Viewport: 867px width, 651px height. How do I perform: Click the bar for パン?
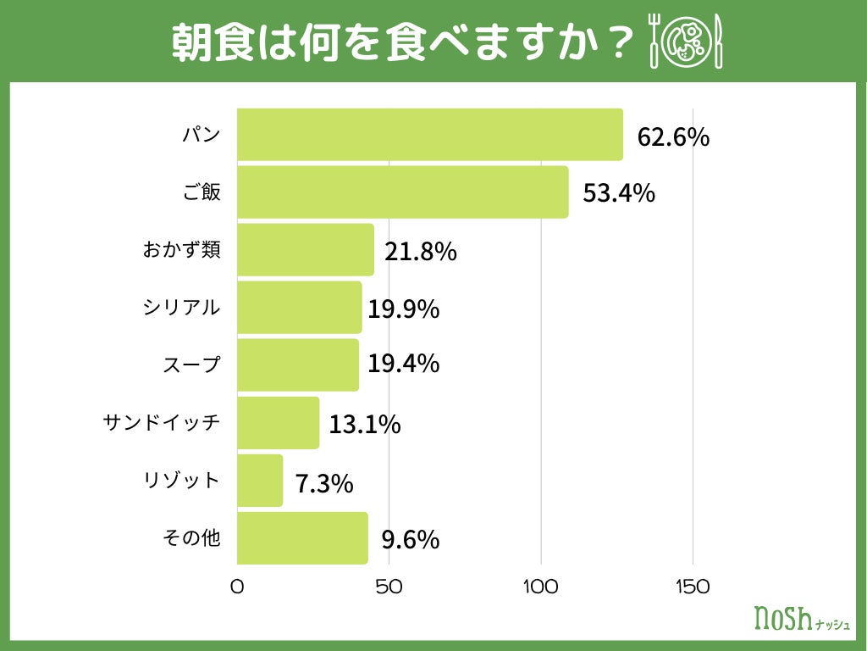pos(429,135)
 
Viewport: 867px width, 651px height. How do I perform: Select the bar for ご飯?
pos(402,192)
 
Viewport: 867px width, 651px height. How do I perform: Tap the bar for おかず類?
pos(305,250)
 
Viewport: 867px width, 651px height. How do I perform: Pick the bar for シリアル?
pos(299,308)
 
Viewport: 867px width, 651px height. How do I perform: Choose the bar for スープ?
pos(297,365)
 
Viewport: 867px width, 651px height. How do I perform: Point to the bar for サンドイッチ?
pos(278,423)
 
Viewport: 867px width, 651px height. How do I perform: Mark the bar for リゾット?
pos(260,481)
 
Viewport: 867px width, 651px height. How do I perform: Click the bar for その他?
pos(302,538)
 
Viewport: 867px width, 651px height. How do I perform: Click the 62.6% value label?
pos(673,137)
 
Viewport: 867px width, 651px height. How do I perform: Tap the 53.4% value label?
pos(619,193)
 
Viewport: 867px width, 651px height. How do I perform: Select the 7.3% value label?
pos(323,484)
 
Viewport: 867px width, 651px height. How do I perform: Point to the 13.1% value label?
pos(364,424)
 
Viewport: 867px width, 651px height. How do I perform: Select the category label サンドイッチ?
pos(162,421)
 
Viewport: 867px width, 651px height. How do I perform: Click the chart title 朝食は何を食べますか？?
pos(402,40)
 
